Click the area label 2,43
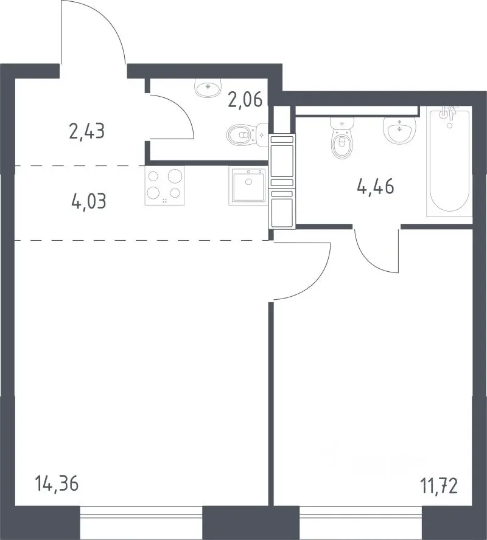87,131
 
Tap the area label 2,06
245,100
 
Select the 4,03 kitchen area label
89,201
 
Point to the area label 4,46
376,187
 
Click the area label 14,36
57,483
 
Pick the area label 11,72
439,486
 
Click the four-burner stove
164,186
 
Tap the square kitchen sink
248,186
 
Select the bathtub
449,161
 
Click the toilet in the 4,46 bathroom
342,138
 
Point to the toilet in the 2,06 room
247,135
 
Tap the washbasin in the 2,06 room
208,88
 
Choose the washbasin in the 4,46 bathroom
399,130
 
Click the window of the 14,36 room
141,523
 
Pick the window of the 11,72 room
360,523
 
